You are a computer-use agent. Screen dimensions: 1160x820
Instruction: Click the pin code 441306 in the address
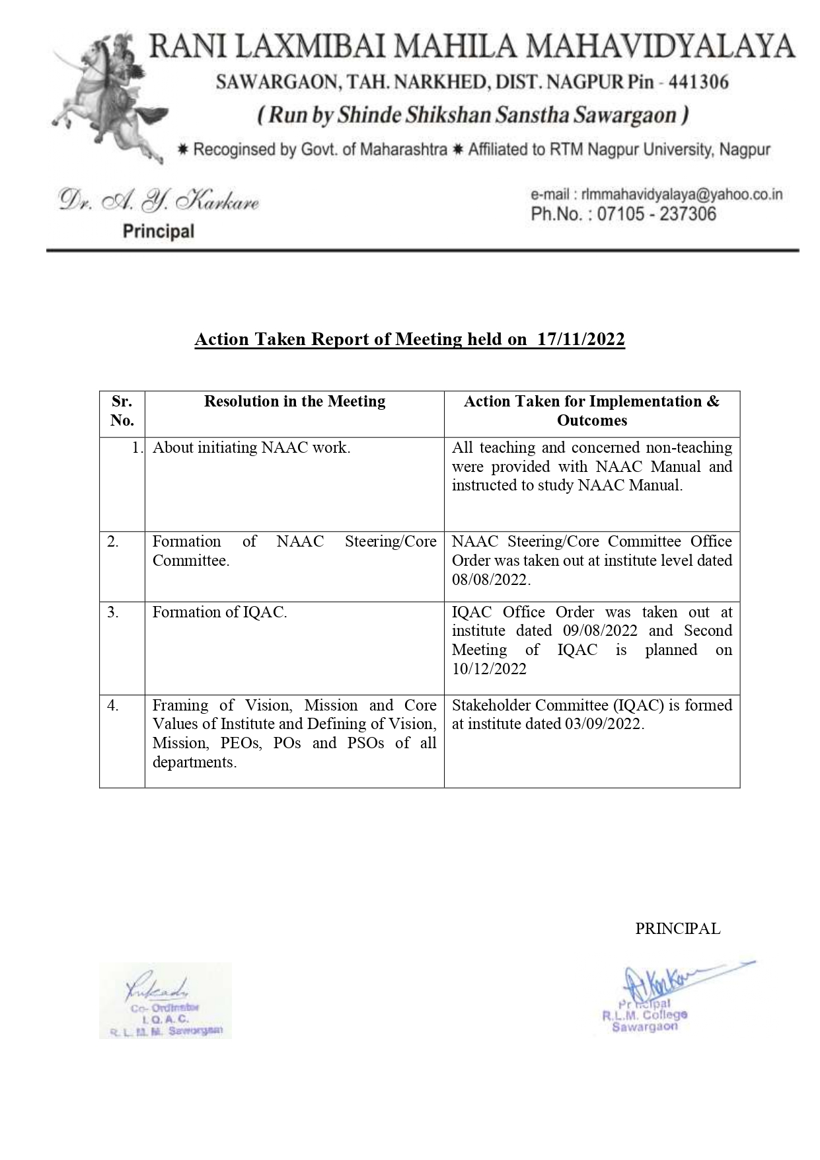pyautogui.click(x=698, y=83)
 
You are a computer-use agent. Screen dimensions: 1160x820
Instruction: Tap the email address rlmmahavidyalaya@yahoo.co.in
pyautogui.click(x=681, y=194)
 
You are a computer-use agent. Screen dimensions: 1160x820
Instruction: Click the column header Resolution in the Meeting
pyautogui.click(x=294, y=402)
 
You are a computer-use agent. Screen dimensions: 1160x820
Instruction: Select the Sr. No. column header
pyautogui.click(x=122, y=411)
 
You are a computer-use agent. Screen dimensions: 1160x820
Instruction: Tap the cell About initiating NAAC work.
pyautogui.click(x=252, y=448)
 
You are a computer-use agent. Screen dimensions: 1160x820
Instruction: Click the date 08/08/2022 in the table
pyautogui.click(x=490, y=580)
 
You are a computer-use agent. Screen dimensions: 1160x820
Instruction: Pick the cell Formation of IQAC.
pyautogui.click(x=219, y=613)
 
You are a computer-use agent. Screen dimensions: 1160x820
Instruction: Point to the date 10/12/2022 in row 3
pyautogui.click(x=489, y=669)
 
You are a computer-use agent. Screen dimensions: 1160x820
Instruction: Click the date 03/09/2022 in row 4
pyautogui.click(x=603, y=724)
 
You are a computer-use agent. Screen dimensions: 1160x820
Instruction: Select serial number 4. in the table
pyautogui.click(x=113, y=705)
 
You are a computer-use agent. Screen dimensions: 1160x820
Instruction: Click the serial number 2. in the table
pyautogui.click(x=113, y=542)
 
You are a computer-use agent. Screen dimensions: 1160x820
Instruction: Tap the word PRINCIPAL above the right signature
pyautogui.click(x=677, y=929)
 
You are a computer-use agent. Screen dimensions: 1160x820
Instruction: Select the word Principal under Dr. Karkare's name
pyautogui.click(x=159, y=231)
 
